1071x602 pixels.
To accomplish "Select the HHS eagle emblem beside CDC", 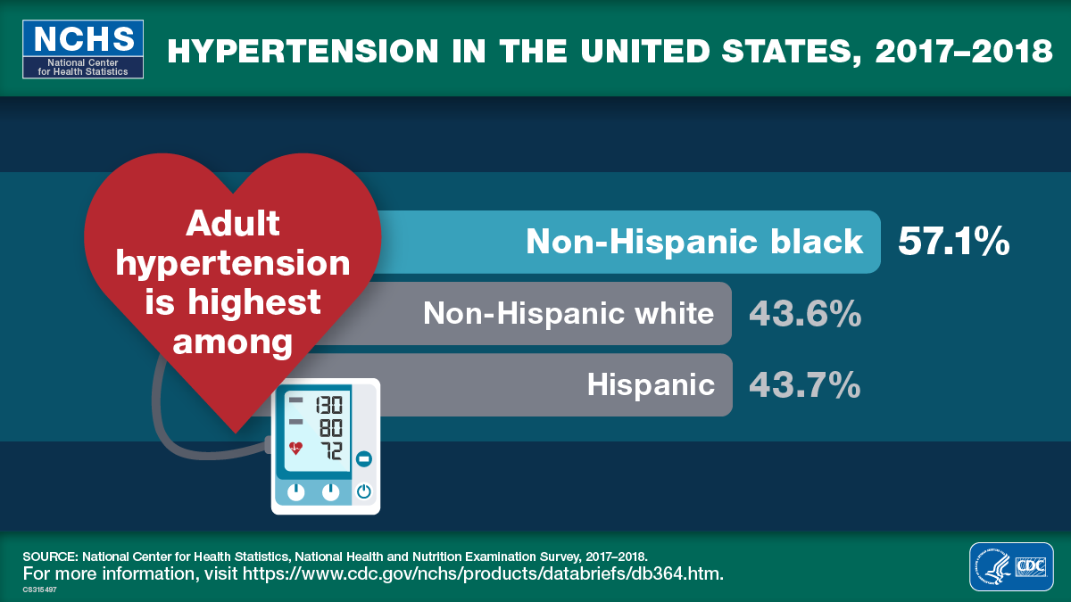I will (x=992, y=566).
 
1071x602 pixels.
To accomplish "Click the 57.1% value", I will (x=953, y=242).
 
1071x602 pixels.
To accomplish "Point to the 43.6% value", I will (x=804, y=314).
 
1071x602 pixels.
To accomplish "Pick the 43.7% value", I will (x=804, y=385).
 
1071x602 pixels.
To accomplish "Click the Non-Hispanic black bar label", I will (x=694, y=242).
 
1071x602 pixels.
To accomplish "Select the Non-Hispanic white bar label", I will (x=569, y=314).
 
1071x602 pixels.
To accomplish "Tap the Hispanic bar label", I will (x=651, y=385).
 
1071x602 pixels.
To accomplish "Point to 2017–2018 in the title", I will (x=964, y=51).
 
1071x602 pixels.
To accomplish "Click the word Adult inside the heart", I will (x=232, y=224).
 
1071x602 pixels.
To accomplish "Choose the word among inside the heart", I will (x=232, y=341).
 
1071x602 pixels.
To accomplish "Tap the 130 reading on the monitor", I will (x=328, y=404).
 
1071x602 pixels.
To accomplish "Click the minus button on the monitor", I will (x=363, y=459).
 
